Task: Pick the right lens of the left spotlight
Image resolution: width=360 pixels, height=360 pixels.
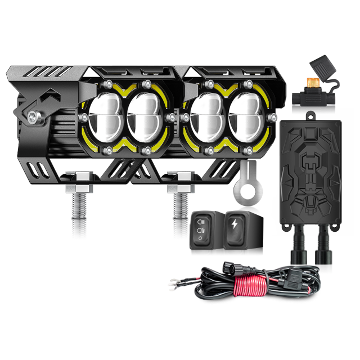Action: pyautogui.click(x=145, y=116)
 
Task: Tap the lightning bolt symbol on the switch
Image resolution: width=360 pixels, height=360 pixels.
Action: pyautogui.click(x=235, y=224)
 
